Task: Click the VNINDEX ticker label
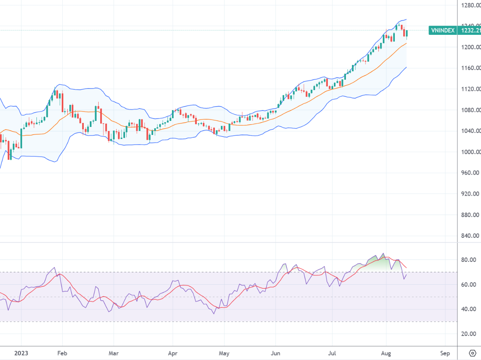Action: pos(442,30)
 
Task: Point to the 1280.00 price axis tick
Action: pos(470,5)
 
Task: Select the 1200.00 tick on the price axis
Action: pos(470,47)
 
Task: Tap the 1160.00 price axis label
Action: pos(470,68)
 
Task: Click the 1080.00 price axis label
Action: pos(470,110)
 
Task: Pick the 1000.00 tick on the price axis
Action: pos(470,152)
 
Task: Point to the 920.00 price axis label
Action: pos(470,194)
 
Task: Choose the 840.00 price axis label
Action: pos(470,236)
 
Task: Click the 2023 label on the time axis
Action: pos(20,354)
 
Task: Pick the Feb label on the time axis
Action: pos(62,354)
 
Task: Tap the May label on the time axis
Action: pos(224,354)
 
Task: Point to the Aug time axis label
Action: pos(386,354)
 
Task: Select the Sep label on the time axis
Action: pos(445,354)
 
